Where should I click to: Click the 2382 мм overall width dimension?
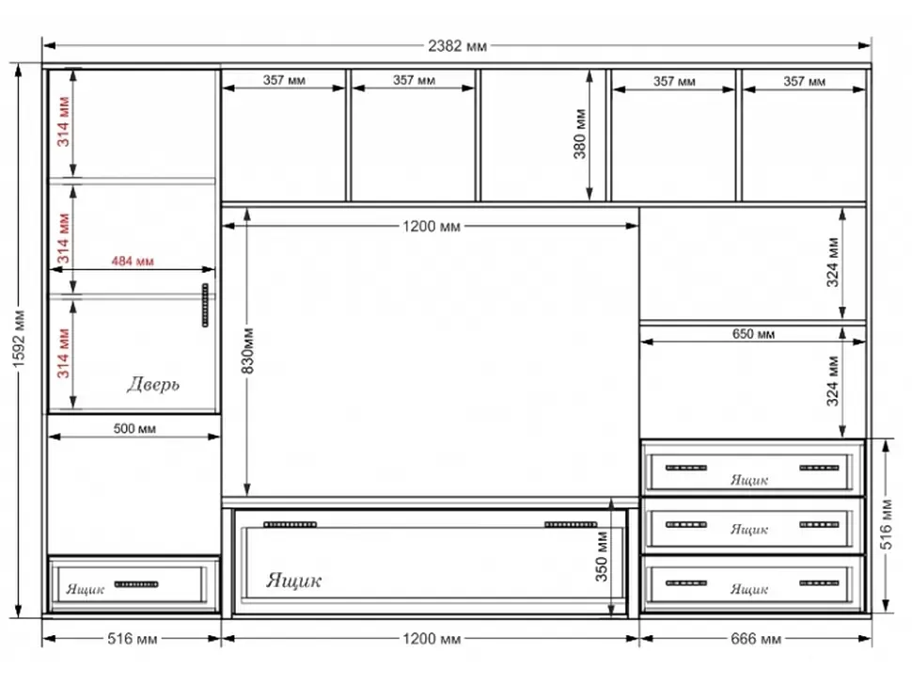(457, 46)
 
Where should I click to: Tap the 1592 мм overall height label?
(19, 340)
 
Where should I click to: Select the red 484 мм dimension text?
(133, 262)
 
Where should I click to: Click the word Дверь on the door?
(153, 384)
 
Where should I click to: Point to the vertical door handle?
(205, 305)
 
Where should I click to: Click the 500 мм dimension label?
(134, 429)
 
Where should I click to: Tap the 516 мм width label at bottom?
(132, 639)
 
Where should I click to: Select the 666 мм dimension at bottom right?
(756, 639)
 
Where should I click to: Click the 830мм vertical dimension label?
(247, 350)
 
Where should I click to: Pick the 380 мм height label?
(579, 134)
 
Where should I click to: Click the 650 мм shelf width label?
(753, 334)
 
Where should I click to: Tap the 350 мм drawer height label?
(602, 556)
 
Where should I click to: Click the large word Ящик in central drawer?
(293, 581)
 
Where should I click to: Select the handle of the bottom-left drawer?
(136, 584)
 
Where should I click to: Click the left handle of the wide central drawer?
(291, 524)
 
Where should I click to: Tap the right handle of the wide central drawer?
(571, 524)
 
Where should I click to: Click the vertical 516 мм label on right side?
(886, 524)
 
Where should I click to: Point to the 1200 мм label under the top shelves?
(432, 227)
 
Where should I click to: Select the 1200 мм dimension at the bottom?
(432, 639)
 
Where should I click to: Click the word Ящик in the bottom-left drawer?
(85, 589)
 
